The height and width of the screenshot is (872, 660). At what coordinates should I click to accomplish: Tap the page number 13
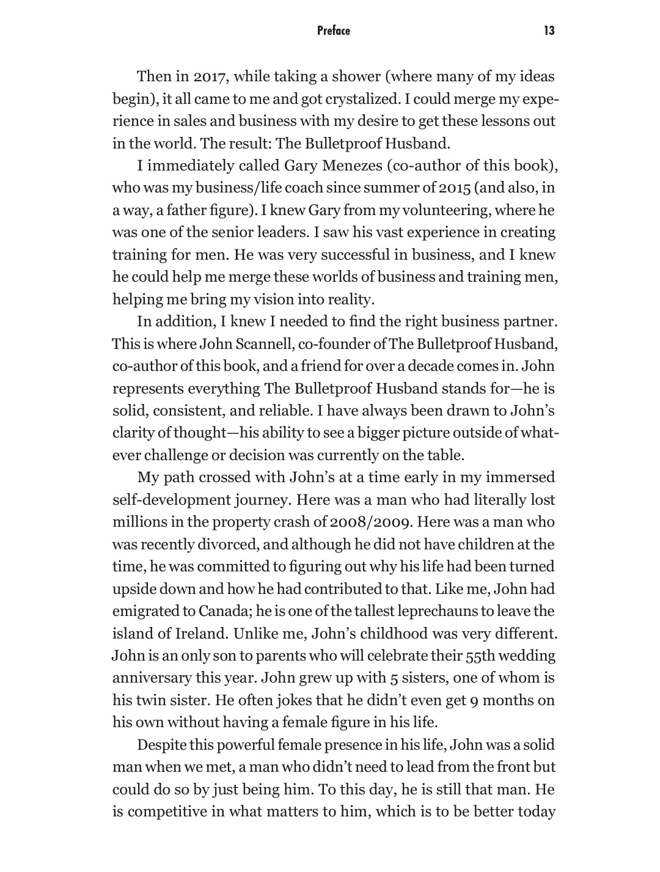549,31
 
